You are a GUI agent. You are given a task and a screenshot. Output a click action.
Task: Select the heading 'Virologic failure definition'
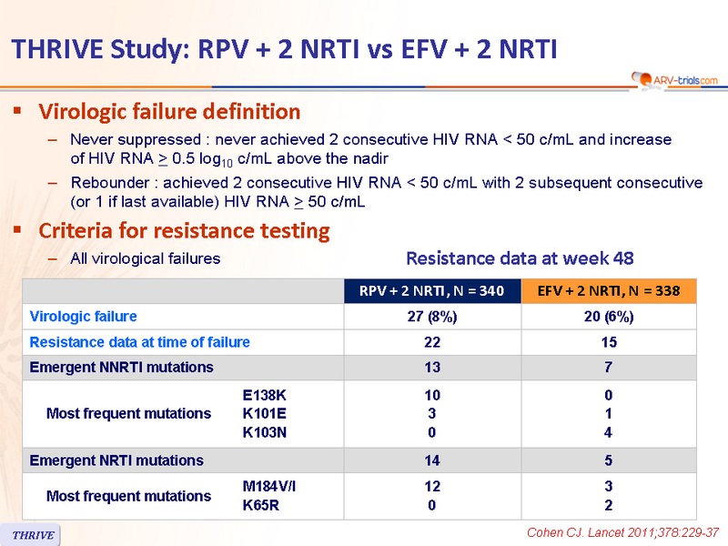pos(169,112)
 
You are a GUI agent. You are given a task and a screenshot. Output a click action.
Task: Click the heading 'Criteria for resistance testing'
pos(184,230)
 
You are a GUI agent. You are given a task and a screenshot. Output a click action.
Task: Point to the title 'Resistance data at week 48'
pos(520,258)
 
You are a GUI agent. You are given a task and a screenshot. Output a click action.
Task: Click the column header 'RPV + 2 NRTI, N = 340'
pos(432,291)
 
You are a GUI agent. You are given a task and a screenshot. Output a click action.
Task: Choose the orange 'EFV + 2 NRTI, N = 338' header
pos(609,291)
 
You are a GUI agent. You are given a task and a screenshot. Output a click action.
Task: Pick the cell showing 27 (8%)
pos(432,317)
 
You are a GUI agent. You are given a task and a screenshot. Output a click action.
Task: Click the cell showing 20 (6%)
pos(609,317)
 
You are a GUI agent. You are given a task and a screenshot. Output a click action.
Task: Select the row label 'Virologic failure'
pos(84,317)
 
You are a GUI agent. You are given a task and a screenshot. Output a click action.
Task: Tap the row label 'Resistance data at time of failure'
pos(140,342)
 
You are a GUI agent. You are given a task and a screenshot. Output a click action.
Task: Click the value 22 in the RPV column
pos(432,342)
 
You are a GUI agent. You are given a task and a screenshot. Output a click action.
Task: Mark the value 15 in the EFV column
pos(609,342)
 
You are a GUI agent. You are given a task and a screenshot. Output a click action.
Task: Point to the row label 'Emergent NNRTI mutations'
pos(122,368)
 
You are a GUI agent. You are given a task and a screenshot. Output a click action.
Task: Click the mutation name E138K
pos(265,396)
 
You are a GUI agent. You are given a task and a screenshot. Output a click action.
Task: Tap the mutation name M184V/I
pos(269,487)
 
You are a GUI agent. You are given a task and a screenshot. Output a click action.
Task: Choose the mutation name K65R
pos(260,505)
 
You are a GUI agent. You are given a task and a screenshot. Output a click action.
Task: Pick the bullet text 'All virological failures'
pos(146,258)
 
